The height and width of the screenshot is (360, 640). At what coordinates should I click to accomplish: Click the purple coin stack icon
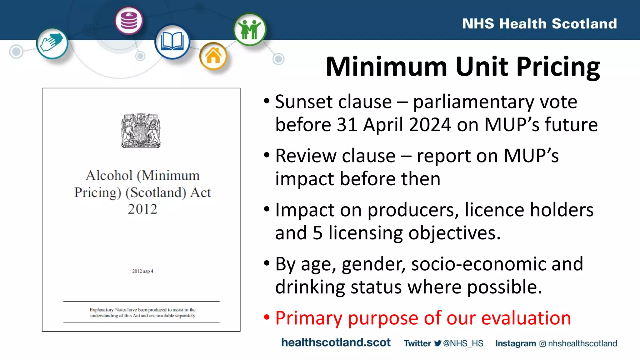tap(129, 21)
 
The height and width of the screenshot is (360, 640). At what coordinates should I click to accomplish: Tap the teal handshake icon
tap(52, 43)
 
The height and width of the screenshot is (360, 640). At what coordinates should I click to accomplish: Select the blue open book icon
tap(172, 42)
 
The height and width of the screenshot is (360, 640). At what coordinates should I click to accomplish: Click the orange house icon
tap(213, 56)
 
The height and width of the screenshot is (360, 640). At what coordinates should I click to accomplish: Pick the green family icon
tap(249, 29)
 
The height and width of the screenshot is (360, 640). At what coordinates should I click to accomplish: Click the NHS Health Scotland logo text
tap(539, 24)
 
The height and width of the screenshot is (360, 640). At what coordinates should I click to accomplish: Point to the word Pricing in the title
tap(558, 67)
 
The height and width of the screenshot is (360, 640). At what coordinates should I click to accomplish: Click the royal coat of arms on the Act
tap(141, 131)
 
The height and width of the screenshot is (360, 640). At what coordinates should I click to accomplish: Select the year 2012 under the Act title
tap(142, 209)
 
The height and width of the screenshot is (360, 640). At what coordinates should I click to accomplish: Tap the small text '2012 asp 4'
tap(142, 271)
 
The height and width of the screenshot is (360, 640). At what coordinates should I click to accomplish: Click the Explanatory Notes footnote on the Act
tap(142, 312)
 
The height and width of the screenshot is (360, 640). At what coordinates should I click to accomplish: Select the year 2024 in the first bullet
tap(430, 125)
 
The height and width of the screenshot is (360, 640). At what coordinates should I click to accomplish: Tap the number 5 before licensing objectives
tap(317, 233)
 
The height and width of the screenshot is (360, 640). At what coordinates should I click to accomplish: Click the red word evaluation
tap(526, 318)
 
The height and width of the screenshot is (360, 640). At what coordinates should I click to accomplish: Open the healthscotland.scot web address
tap(336, 342)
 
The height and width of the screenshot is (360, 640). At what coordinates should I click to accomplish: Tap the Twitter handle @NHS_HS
tap(463, 343)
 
